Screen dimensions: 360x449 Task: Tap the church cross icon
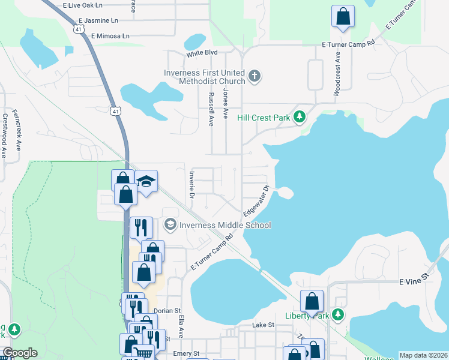(255, 76)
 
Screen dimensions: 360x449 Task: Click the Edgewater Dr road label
(256, 202)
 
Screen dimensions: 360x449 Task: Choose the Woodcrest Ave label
(337, 77)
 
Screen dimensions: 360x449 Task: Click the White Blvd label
(201, 53)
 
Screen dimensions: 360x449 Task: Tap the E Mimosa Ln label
(110, 36)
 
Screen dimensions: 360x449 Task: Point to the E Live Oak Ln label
(83, 5)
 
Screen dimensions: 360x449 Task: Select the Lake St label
(263, 325)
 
